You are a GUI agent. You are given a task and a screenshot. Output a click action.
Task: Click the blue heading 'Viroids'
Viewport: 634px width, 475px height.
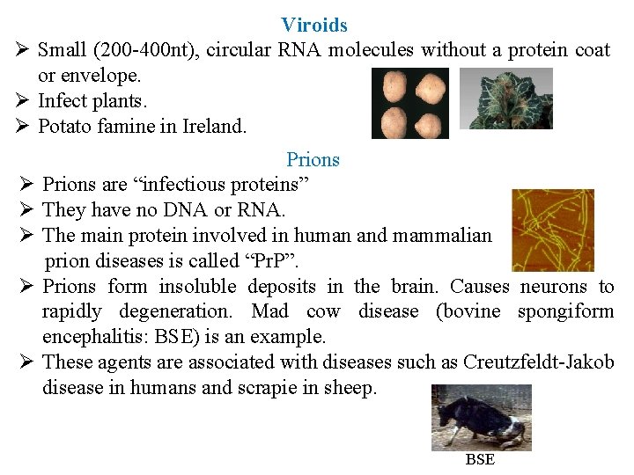314,26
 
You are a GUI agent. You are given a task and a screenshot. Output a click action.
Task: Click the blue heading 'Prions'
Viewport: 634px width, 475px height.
313,159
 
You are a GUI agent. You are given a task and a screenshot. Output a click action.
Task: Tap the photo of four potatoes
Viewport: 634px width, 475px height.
409,103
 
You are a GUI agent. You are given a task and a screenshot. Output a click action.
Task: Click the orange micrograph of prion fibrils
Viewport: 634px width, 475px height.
552,230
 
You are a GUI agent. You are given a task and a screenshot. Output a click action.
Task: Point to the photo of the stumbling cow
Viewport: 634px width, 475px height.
481,417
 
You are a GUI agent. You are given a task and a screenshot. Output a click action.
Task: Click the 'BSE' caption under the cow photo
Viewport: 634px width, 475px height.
480,459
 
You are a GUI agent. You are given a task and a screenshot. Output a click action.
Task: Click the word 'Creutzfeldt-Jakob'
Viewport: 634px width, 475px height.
538,362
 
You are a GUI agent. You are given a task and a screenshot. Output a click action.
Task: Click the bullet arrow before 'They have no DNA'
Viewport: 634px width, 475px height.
26,210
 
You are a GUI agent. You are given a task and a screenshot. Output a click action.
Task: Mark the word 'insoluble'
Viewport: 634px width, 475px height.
198,287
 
